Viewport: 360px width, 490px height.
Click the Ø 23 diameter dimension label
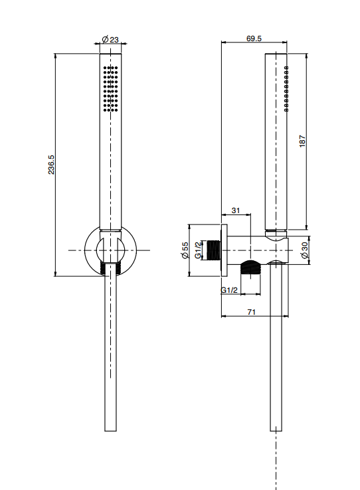(x=110, y=39)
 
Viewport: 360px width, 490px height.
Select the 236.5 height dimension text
(x=51, y=165)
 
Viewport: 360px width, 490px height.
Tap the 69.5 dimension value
(x=254, y=39)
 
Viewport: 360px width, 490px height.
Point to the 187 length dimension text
(x=302, y=141)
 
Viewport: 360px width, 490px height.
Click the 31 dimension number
(x=236, y=210)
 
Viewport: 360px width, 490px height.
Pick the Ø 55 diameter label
(x=185, y=250)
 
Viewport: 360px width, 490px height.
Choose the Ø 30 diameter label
(x=304, y=250)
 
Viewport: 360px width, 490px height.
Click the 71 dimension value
(x=252, y=312)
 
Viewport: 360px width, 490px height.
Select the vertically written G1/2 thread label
(x=198, y=250)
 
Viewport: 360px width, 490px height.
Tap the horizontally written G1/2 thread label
(x=229, y=290)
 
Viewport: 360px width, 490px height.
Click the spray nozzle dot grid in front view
(x=110, y=88)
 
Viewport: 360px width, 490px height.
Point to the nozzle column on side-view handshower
(x=286, y=89)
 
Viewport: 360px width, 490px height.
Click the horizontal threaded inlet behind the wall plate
(x=214, y=250)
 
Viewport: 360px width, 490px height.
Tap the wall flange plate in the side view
(x=224, y=250)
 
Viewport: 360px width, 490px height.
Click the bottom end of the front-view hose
(x=110, y=432)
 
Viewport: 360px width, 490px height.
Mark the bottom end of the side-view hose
(x=276, y=432)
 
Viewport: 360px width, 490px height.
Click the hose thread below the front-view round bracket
(x=110, y=268)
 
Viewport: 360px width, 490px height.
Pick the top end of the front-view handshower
(x=110, y=54)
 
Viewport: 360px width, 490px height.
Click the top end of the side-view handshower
(x=276, y=54)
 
